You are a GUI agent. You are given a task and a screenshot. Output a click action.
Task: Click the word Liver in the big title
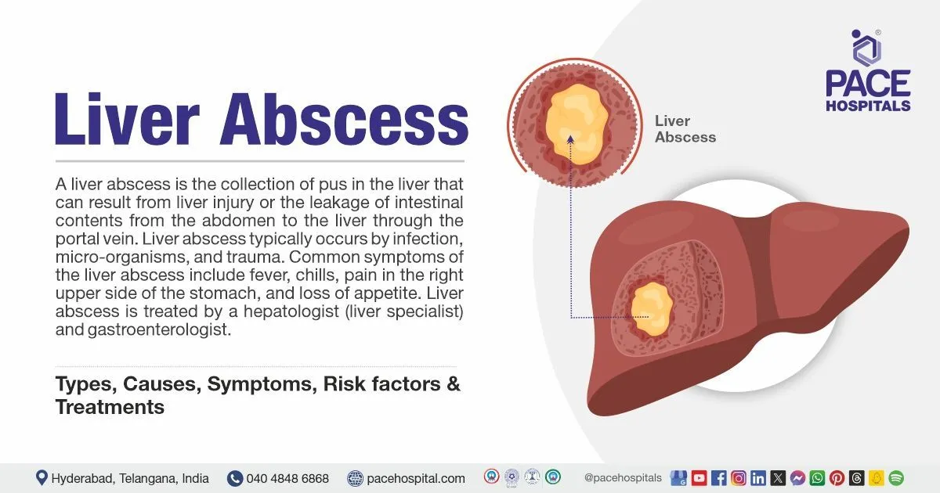point(128,119)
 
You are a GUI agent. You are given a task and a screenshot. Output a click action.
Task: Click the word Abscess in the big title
point(344,119)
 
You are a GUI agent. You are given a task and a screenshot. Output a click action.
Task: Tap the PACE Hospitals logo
point(868,70)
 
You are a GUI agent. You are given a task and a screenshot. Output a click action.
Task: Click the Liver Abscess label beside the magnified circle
point(685,129)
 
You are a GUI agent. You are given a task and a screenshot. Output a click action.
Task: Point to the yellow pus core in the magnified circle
point(577,124)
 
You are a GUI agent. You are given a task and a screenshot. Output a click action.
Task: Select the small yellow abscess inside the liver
point(652,309)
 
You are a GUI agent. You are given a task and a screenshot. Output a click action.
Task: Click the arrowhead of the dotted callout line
point(570,139)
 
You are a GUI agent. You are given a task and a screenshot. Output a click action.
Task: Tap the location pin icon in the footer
point(41,477)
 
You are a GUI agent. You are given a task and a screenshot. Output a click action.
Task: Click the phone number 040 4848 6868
point(287,478)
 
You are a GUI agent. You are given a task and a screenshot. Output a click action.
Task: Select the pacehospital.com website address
point(416,478)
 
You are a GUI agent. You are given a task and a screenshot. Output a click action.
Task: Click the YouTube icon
point(699,478)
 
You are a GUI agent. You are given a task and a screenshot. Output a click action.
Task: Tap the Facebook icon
point(719,478)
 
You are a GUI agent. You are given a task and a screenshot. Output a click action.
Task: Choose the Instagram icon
point(739,478)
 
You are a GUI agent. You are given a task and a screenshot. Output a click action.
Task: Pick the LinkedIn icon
point(758,478)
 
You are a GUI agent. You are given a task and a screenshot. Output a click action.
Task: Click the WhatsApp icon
point(818,478)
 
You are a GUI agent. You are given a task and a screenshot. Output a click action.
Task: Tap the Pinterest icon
point(837,478)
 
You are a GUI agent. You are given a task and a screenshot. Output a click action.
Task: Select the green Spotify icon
point(896,478)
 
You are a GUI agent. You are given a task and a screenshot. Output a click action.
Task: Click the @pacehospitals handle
point(623,478)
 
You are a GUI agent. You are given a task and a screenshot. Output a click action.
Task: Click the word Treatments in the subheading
point(110,407)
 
